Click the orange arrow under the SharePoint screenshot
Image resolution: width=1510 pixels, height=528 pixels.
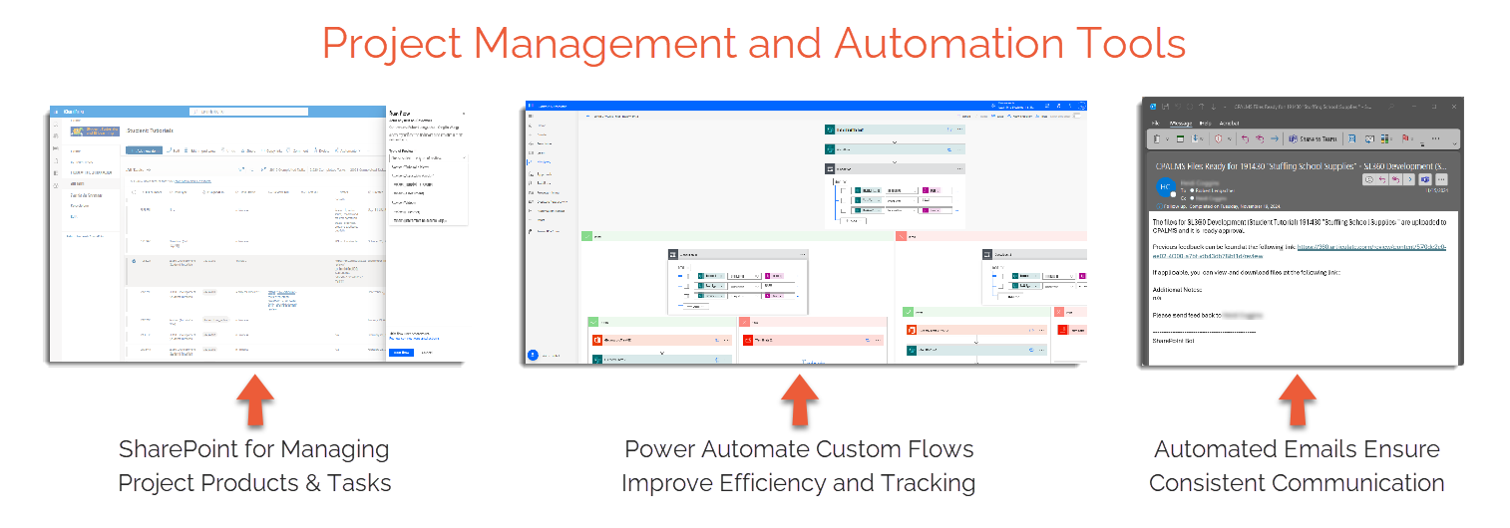254,400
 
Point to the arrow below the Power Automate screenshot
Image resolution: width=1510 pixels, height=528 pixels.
799,400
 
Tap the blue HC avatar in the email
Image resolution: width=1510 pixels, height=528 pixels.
1164,186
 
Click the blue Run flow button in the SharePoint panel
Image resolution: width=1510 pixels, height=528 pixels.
401,352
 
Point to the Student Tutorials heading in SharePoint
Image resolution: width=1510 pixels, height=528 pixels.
151,131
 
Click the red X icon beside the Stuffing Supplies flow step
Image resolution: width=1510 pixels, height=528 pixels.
748,341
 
